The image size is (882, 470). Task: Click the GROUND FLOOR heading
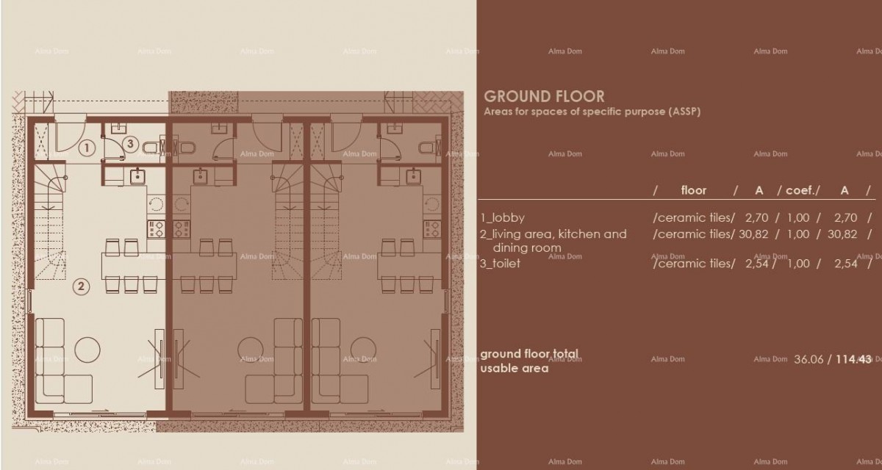point(544,96)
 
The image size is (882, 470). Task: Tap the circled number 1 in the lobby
point(87,148)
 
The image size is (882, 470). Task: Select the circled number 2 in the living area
point(82,287)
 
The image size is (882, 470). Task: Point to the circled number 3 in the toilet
point(130,144)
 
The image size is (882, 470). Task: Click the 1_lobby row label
point(503,217)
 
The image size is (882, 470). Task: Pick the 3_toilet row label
point(500,263)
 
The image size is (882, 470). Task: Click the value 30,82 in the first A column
point(758,234)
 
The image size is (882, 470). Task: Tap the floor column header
point(693,190)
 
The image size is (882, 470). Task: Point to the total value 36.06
point(808,359)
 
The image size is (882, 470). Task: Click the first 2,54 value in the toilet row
point(758,263)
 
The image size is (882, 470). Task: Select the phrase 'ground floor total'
point(529,354)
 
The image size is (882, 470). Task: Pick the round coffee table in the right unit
point(362,346)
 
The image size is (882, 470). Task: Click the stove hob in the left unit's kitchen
point(156,228)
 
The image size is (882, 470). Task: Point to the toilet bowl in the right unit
point(427,148)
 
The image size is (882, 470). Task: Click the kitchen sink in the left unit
point(137,176)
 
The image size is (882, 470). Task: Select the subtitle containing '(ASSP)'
point(592,112)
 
